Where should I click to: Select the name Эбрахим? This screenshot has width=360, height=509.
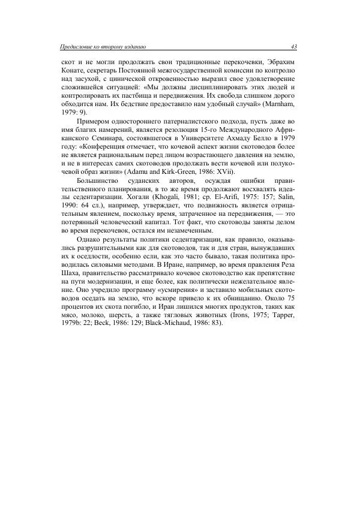281,62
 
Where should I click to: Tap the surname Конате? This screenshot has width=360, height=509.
74,70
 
